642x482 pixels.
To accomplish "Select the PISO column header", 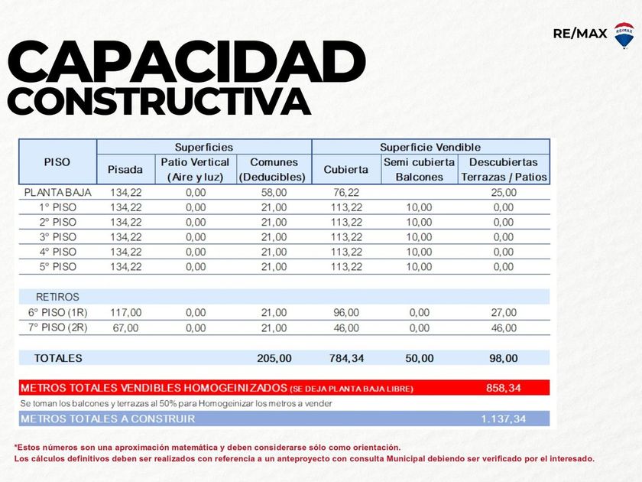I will click(57, 162).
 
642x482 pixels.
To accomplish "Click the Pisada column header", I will click(125, 170).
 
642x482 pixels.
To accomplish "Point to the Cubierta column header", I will click(345, 170).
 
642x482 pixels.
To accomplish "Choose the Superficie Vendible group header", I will click(430, 147).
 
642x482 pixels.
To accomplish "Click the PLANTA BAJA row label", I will click(57, 192).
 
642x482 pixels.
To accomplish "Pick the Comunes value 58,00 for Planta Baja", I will click(274, 192).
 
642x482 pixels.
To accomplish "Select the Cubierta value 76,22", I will click(345, 192).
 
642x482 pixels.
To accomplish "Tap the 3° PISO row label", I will click(57, 237).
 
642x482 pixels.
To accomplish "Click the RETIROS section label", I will click(57, 297).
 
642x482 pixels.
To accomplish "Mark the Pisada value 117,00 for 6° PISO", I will click(125, 312).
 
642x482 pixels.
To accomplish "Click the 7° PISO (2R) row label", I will click(57, 327).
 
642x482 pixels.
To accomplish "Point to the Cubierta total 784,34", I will click(345, 357).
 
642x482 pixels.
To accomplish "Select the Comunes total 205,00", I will click(274, 357).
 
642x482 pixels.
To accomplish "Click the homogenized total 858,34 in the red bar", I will click(503, 388).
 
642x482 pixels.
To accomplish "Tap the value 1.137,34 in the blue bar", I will click(503, 418).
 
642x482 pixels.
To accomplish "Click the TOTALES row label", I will click(57, 357).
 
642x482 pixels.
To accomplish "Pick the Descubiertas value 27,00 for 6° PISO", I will click(503, 312).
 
